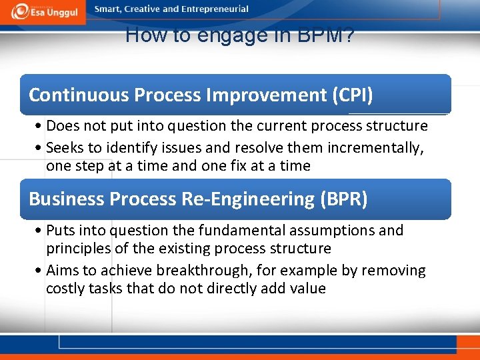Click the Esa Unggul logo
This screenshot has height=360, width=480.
point(43,11)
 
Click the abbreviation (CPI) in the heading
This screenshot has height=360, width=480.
point(352,95)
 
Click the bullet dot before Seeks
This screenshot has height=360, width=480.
point(41,148)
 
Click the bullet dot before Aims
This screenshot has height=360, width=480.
point(41,271)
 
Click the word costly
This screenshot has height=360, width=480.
point(65,289)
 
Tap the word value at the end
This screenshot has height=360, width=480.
point(309,289)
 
